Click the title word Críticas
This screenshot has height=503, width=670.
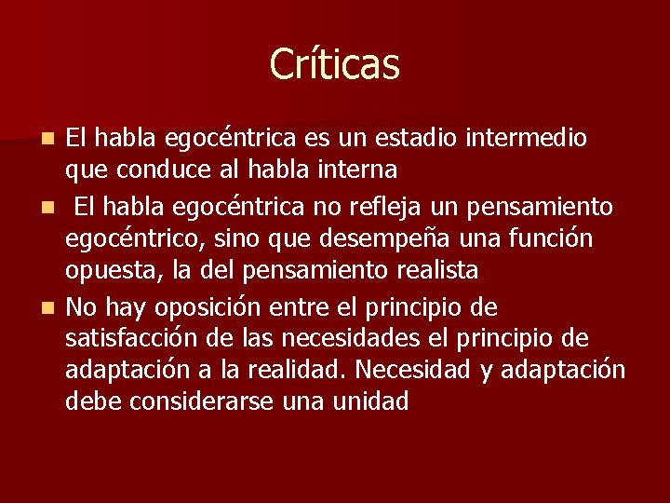tap(334, 64)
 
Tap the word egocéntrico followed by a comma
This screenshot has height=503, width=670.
tap(135, 238)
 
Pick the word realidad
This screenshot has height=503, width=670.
tap(303, 370)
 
